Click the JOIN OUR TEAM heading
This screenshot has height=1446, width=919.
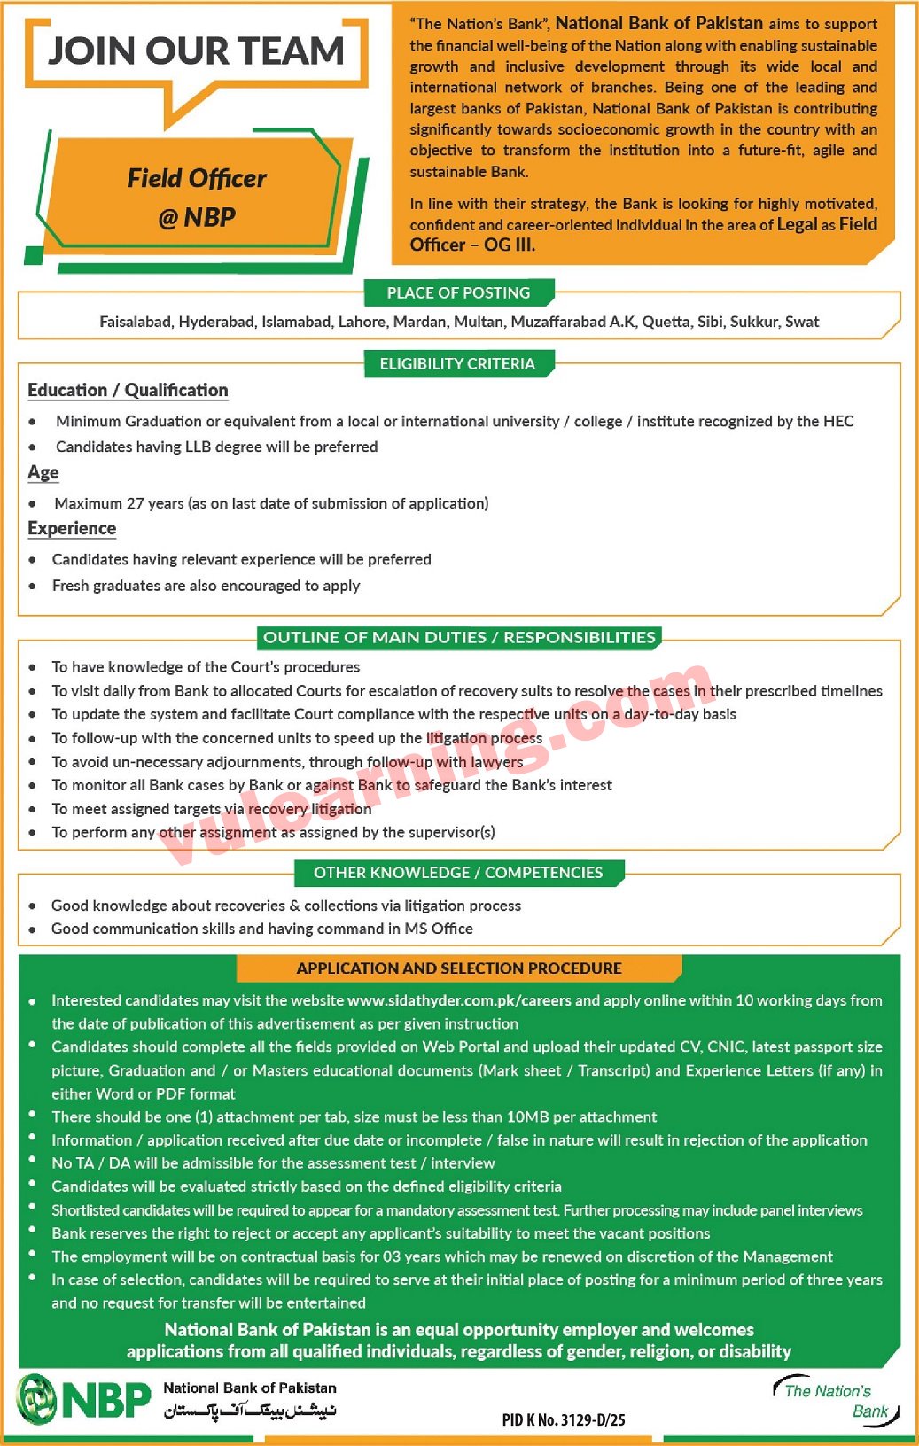pyautogui.click(x=196, y=51)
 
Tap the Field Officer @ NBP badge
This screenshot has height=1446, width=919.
pyautogui.click(x=196, y=197)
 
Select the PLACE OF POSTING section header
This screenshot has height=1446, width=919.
pyautogui.click(x=458, y=292)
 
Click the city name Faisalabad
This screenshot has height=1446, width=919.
pyautogui.click(x=135, y=322)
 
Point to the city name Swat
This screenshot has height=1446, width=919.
pyautogui.click(x=801, y=322)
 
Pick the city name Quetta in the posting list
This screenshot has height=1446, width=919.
pyautogui.click(x=666, y=322)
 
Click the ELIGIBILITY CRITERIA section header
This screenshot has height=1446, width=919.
pyautogui.click(x=457, y=363)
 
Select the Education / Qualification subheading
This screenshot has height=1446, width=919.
pyautogui.click(x=128, y=390)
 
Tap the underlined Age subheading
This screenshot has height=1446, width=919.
pyautogui.click(x=43, y=472)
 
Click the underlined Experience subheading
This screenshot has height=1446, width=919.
pyautogui.click(x=72, y=528)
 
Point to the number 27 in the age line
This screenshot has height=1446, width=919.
pyautogui.click(x=135, y=503)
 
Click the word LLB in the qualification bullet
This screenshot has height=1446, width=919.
pyautogui.click(x=198, y=447)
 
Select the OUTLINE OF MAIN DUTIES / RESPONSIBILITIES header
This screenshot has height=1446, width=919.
pyautogui.click(x=459, y=637)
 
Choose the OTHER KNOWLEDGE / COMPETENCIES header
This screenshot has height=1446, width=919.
pyautogui.click(x=458, y=873)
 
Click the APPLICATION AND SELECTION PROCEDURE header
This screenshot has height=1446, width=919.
pyautogui.click(x=459, y=968)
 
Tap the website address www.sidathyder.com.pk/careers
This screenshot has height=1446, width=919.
pyautogui.click(x=459, y=1000)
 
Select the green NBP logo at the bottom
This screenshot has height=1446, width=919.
pyautogui.click(x=84, y=1399)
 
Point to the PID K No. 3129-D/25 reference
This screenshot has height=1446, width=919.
pyautogui.click(x=564, y=1419)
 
